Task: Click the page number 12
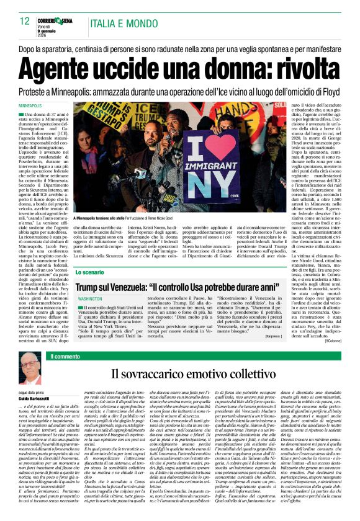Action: coord(24,20)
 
